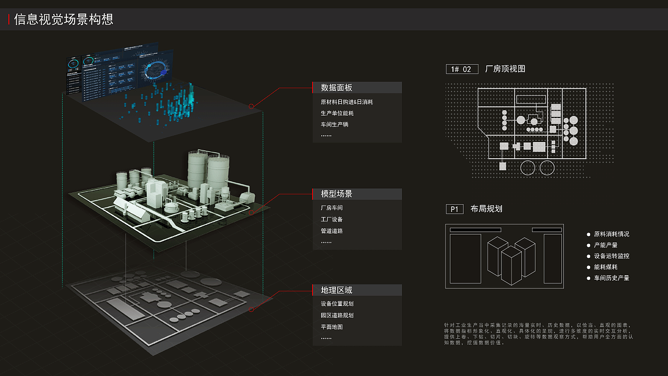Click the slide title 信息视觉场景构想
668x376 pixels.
(x=64, y=19)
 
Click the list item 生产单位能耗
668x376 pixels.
(x=337, y=113)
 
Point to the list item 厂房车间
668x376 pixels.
(x=331, y=208)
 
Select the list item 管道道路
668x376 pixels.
(x=331, y=231)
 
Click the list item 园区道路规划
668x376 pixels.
(x=337, y=315)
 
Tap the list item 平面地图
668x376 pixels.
(x=331, y=327)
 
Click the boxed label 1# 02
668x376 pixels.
(x=462, y=69)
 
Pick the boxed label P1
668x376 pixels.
(x=454, y=209)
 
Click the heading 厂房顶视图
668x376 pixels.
(x=505, y=69)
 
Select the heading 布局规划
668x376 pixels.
(x=486, y=209)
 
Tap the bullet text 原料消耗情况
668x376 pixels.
(x=612, y=234)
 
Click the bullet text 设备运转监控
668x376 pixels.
(x=612, y=256)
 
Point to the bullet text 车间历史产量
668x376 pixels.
(x=612, y=278)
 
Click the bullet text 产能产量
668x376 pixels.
(x=605, y=245)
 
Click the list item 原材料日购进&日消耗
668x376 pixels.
(x=347, y=102)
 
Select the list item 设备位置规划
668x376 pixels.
(x=337, y=304)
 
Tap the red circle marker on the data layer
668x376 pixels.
(x=251, y=106)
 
